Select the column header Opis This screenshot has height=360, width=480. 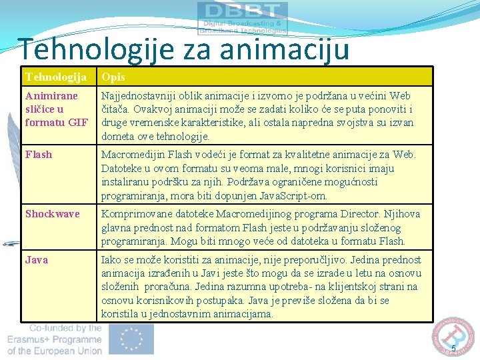pyautogui.click(x=113, y=77)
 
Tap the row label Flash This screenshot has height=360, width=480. pyautogui.click(x=38, y=155)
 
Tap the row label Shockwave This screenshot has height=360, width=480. pyautogui.click(x=52, y=214)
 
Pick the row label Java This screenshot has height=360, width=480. pyautogui.click(x=37, y=259)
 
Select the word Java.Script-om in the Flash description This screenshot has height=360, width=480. pyautogui.click(x=294, y=195)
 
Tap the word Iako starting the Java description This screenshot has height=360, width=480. pyautogui.click(x=111, y=259)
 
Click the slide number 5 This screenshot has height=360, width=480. pyautogui.click(x=453, y=349)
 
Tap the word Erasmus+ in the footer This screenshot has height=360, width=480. pyautogui.click(x=31, y=339)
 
